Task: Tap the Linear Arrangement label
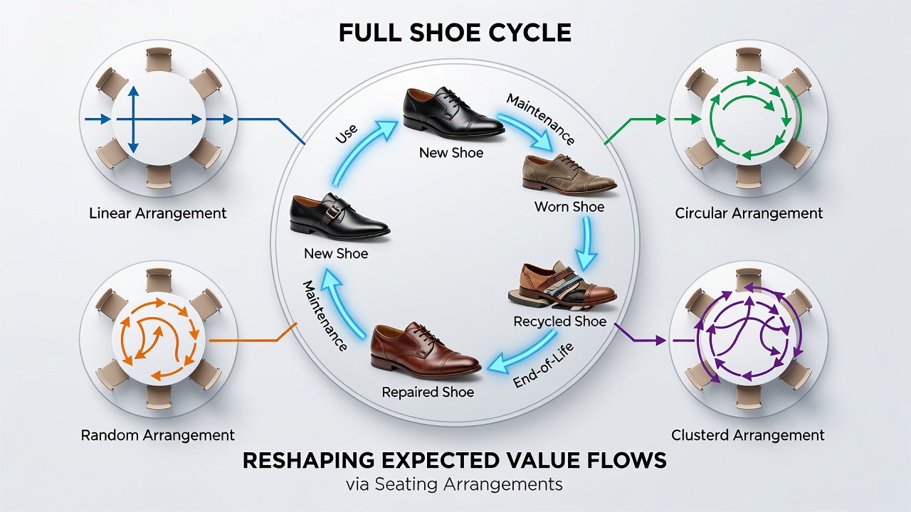[158, 213]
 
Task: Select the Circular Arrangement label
[749, 213]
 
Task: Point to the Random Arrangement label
[158, 435]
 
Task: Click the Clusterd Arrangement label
[747, 435]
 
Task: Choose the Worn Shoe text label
[569, 207]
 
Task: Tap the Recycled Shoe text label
[559, 321]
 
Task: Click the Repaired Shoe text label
[428, 392]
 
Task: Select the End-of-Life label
[543, 365]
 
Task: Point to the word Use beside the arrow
[347, 134]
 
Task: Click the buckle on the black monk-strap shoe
[334, 213]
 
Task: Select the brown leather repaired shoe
[426, 351]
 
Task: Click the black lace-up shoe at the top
[453, 113]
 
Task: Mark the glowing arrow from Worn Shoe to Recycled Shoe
[586, 244]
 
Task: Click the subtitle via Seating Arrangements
[454, 484]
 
